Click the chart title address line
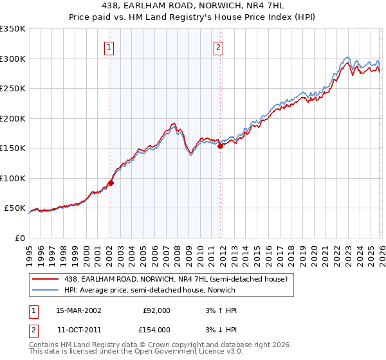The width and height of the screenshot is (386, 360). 192,6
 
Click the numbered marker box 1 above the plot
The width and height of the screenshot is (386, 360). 110,47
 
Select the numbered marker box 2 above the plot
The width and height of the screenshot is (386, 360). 219,47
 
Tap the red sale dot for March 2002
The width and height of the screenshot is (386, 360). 111,183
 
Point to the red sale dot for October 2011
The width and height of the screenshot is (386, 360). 220,147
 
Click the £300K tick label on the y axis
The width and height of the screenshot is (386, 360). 13,59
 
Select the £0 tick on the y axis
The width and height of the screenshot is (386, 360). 20,238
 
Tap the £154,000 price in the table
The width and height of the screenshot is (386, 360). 156,329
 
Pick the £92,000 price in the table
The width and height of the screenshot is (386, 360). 156,310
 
